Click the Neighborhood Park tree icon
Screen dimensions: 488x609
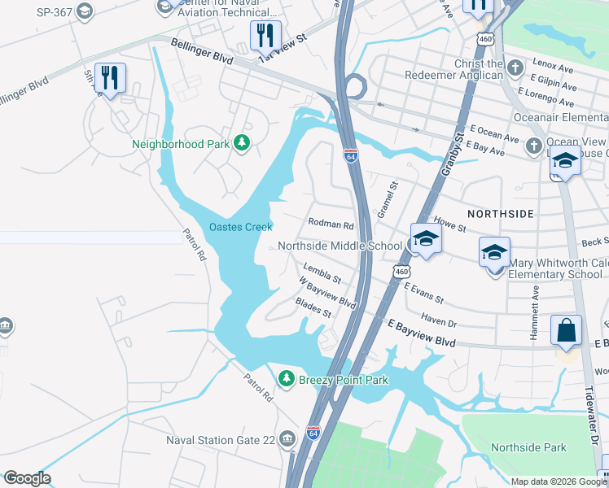pos(241,144)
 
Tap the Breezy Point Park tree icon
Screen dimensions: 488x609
pos(286,379)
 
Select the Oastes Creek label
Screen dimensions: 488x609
pos(240,227)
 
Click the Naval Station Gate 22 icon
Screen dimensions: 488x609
pos(287,440)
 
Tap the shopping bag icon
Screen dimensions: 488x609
pos(566,332)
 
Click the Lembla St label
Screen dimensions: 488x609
pos(321,273)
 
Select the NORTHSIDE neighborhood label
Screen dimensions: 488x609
pos(500,213)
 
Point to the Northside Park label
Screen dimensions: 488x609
pos(528,447)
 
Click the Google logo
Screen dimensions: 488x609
pos(27,478)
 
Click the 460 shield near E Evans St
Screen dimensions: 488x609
pos(401,271)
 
